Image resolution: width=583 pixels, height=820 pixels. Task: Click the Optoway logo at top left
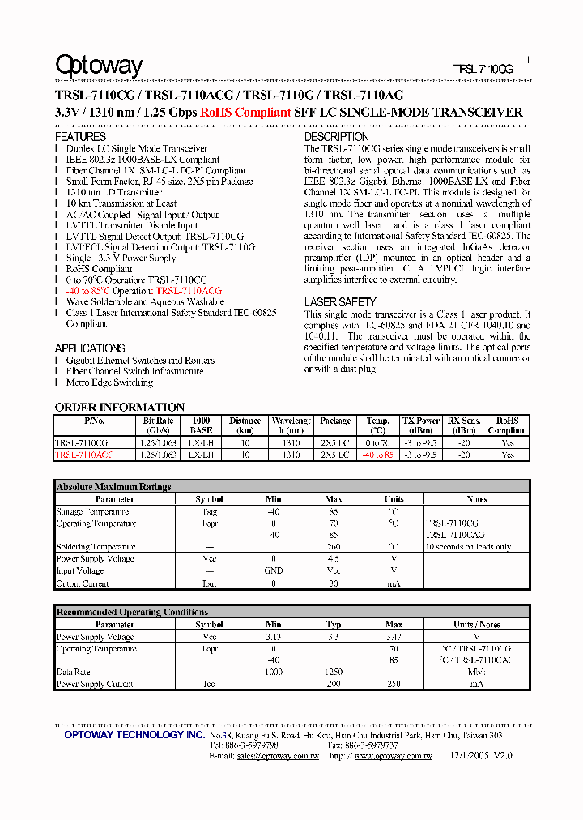[x=98, y=66]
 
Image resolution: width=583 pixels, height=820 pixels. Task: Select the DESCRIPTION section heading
[x=336, y=137]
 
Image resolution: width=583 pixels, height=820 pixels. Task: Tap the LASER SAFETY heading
[x=339, y=302]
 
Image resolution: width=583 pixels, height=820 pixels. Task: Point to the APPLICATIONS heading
[x=89, y=348]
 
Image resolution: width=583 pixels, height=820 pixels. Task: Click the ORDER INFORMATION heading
[x=119, y=407]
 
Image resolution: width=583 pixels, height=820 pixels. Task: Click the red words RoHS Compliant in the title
[x=245, y=113]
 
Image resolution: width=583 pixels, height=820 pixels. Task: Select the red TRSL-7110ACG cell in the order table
[x=84, y=455]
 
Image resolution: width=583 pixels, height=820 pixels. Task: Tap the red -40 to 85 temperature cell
[x=377, y=455]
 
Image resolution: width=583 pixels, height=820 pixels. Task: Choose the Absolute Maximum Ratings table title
[x=113, y=487]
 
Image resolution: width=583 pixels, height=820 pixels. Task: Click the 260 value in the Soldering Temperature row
[x=334, y=547]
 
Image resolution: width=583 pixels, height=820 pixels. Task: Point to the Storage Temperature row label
[x=92, y=511]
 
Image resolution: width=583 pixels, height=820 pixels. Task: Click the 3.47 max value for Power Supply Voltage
[x=394, y=637]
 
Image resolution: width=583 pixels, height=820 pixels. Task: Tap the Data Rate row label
[x=73, y=672]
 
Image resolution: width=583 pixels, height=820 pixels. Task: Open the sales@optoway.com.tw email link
[x=278, y=756]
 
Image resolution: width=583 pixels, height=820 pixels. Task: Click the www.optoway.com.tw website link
[x=393, y=756]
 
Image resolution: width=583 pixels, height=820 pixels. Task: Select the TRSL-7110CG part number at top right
[x=483, y=70]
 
